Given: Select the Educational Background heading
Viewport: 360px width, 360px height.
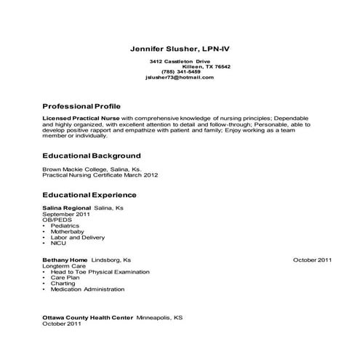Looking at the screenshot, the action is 92,156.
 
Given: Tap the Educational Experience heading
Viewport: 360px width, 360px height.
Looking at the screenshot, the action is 90,196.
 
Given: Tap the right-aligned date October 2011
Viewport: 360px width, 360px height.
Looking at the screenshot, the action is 313,260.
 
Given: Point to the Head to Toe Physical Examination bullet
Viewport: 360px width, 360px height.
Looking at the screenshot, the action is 100,271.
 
